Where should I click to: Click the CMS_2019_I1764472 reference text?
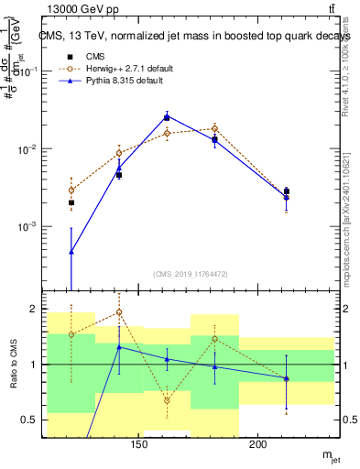point(191,273)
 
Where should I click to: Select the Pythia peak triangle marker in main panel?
point(167,116)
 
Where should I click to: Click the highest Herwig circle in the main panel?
point(214,128)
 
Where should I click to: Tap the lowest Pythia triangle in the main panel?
point(71,251)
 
